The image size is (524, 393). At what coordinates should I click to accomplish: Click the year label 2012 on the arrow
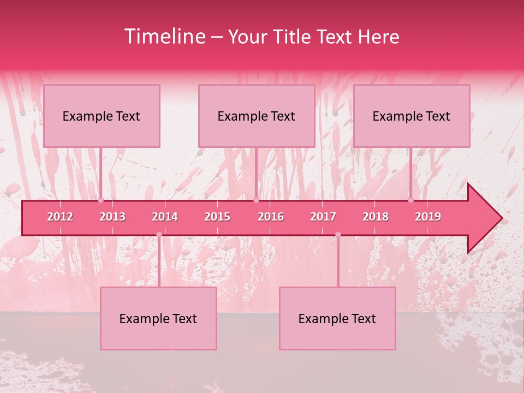click(x=60, y=217)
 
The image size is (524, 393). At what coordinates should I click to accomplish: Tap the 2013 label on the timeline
click(x=112, y=217)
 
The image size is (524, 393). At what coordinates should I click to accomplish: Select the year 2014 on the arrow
click(x=165, y=217)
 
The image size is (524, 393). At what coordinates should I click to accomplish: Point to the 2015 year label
click(x=217, y=217)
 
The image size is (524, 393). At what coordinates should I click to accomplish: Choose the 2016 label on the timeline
click(x=271, y=217)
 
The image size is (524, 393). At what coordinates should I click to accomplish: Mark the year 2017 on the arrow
click(x=323, y=217)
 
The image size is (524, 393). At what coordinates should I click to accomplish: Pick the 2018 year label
click(x=376, y=217)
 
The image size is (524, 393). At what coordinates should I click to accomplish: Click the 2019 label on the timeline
click(x=428, y=217)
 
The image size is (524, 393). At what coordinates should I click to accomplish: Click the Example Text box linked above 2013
click(x=102, y=116)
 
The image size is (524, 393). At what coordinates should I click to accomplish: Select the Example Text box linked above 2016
click(x=257, y=116)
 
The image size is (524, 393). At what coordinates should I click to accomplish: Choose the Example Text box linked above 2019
click(x=412, y=116)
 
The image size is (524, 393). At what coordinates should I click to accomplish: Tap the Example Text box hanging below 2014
click(x=158, y=319)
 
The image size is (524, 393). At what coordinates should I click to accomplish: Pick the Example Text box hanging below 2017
click(x=337, y=319)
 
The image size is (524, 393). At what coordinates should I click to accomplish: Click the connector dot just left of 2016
click(x=256, y=200)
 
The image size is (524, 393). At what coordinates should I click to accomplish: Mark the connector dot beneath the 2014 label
click(x=159, y=235)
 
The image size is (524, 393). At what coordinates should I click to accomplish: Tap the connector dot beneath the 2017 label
click(x=338, y=235)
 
